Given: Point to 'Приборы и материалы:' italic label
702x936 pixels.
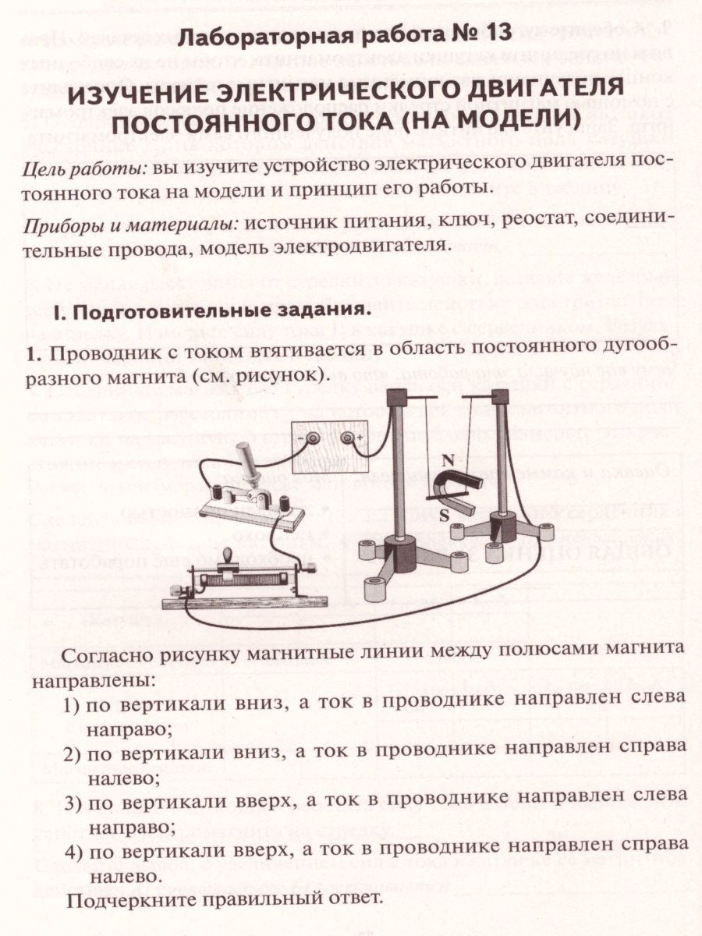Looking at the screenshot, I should (129, 222).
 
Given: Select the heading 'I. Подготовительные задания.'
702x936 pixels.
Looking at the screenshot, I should (208, 309).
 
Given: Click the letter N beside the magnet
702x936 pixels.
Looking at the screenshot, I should (448, 459).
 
